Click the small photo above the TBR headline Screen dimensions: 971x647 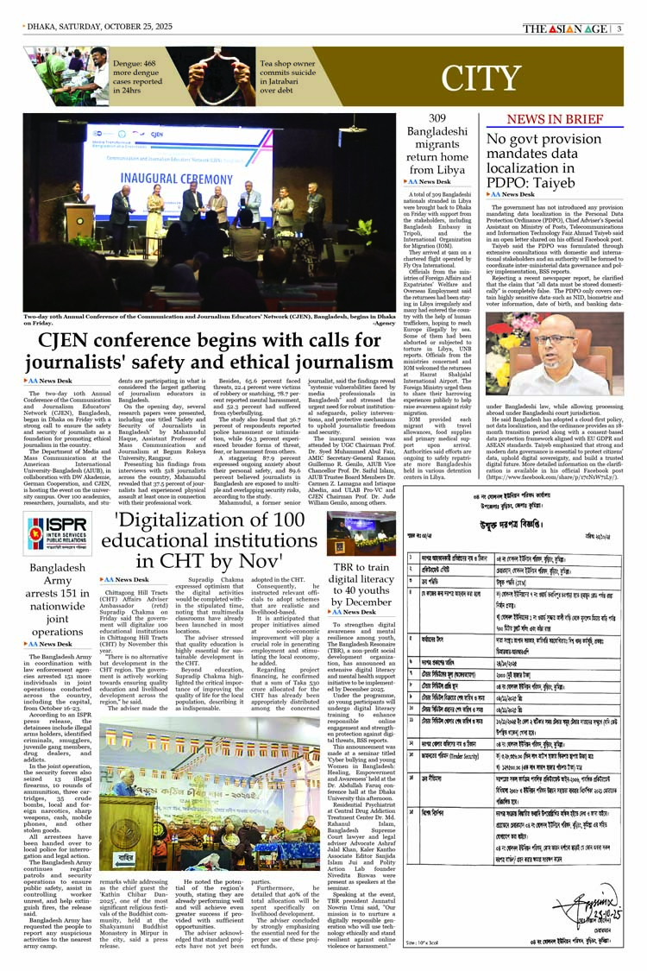point(349,533)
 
